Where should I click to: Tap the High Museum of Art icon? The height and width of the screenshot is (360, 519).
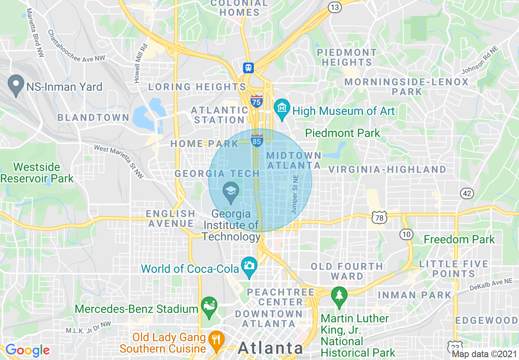point(282,108)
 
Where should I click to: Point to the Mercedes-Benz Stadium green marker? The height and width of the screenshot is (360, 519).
point(209,306)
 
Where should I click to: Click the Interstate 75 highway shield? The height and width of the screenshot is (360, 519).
point(257,101)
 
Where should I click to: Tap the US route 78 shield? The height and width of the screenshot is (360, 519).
point(379,218)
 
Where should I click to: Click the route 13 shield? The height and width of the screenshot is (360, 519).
point(335,7)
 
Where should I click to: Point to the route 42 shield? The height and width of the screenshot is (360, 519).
point(467,193)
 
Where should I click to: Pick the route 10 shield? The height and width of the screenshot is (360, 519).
point(406,234)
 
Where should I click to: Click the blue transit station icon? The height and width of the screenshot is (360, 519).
point(248,67)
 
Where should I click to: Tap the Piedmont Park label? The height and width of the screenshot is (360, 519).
point(343,133)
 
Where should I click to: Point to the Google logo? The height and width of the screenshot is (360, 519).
point(27,350)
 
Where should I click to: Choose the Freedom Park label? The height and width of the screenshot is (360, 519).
point(459,239)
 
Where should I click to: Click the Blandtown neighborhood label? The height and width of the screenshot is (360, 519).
point(93,118)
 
